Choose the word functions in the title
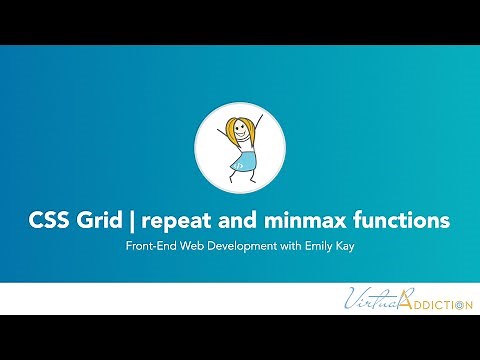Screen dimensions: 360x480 pyautogui.click(x=400, y=218)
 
